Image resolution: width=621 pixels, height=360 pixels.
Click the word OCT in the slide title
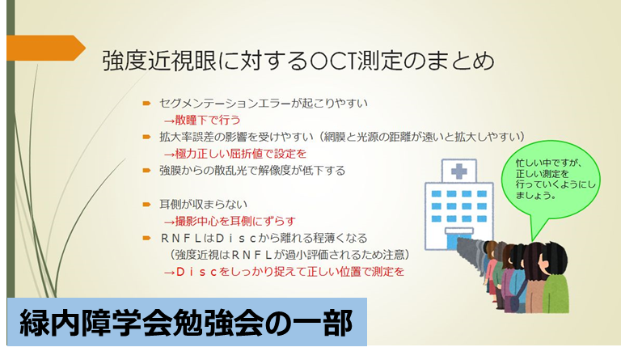coord(332,61)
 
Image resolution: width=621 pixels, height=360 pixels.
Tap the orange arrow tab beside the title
coord(46,48)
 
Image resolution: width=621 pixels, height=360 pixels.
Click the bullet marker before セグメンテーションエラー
coord(147,104)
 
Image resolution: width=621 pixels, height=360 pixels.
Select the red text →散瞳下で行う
coord(202,120)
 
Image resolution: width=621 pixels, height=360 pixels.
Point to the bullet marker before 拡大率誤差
coord(147,137)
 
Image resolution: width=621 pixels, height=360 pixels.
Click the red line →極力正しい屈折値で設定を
coord(235,154)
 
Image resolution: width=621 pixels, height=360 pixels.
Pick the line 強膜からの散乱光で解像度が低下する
coord(252,171)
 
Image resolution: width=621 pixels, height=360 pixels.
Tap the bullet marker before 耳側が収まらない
coord(147,205)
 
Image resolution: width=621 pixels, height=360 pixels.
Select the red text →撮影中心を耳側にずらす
coord(230,221)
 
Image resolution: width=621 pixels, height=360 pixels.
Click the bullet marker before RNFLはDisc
coord(147,238)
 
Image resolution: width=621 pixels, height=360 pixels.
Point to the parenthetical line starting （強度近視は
coord(288,255)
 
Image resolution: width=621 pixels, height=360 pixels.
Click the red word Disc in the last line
coord(196,272)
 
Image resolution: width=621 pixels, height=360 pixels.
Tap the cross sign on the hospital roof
coord(459,172)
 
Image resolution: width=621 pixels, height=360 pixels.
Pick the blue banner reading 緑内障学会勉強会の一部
coord(187,322)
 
